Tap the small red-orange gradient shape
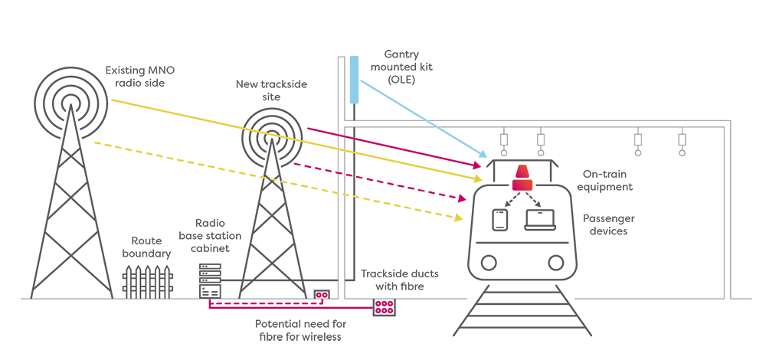pyautogui.click(x=525, y=178)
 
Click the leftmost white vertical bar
pyautogui.click(x=129, y=283)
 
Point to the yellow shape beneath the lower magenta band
pyautogui.click(x=421, y=218)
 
